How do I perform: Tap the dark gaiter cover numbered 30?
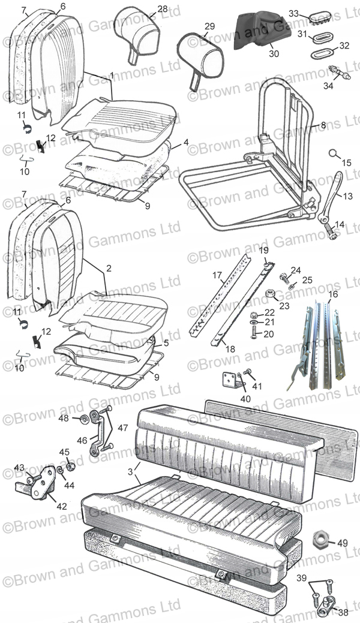(x=260, y=29)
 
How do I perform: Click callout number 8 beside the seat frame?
(x=323, y=126)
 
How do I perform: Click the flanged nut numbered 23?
(x=270, y=294)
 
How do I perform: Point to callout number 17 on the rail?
(x=217, y=276)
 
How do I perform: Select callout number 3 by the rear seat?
(x=131, y=472)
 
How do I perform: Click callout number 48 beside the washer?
(x=64, y=418)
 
